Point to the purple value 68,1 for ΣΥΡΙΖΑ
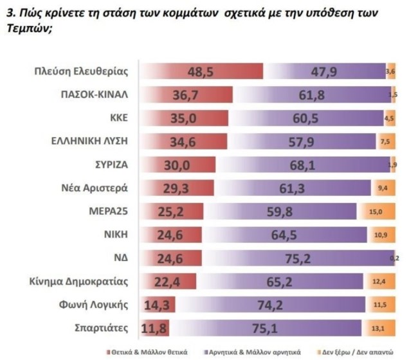(320, 165)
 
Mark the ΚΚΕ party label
(120, 118)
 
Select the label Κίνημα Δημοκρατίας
(84, 282)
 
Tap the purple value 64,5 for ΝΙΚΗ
(296, 235)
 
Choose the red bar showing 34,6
(183, 141)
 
